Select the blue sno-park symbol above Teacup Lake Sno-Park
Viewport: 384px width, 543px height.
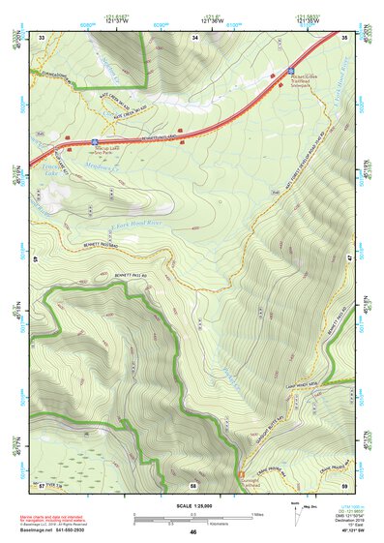[x=94, y=140]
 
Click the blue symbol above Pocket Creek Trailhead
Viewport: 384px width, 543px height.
[x=291, y=70]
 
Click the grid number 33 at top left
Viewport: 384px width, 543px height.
[x=43, y=37]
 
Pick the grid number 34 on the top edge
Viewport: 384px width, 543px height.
[x=196, y=37]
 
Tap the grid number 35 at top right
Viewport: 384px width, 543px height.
[x=345, y=37]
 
